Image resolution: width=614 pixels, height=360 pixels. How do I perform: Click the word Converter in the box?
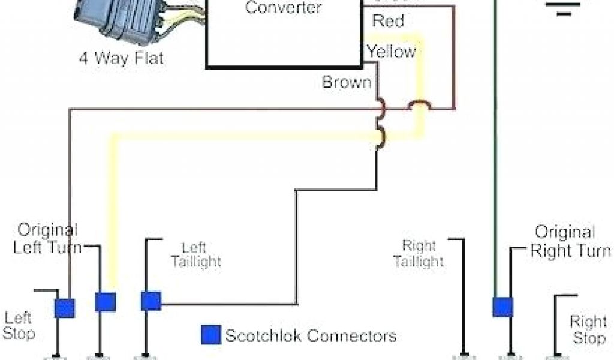tap(284, 8)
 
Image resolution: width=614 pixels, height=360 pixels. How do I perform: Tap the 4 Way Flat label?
tap(121, 59)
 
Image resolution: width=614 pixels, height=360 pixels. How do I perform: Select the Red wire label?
tap(388, 21)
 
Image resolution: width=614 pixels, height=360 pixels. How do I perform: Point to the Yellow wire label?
tap(392, 52)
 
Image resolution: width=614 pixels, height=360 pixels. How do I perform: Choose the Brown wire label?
tap(347, 82)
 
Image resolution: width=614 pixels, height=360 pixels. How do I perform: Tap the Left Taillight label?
tap(196, 254)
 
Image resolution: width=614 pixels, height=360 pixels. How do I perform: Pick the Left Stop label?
tap(19, 325)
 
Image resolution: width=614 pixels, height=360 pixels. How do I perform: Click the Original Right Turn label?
tap(570, 241)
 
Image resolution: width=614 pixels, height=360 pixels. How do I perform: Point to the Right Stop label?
tap(588, 329)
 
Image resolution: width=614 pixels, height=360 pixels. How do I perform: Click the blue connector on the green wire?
tap(502, 307)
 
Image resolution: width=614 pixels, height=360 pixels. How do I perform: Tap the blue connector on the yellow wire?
tap(105, 301)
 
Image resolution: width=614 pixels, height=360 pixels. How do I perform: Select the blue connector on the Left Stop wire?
tap(64, 308)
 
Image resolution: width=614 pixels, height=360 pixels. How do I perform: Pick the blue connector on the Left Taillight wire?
tap(151, 301)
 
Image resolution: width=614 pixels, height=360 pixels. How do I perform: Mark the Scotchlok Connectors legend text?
tap(311, 335)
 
